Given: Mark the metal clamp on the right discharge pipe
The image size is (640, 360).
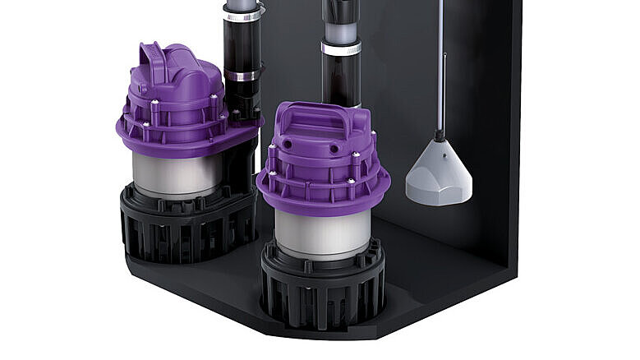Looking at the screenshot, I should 340,48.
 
